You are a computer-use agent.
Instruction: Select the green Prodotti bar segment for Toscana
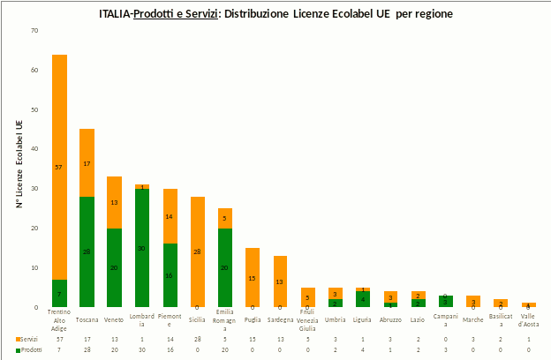[x=87, y=251]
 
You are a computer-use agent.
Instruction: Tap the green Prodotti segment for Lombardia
[x=141, y=248]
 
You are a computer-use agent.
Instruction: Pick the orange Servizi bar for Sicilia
[x=197, y=251]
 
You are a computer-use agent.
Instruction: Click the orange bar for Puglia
[x=253, y=277]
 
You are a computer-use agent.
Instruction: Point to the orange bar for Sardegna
[x=280, y=281]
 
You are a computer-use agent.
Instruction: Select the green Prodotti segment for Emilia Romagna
[x=225, y=267]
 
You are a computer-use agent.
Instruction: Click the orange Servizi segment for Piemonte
[x=170, y=216]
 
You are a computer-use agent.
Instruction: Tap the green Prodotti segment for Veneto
[x=114, y=267]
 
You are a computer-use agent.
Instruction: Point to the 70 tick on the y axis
[x=34, y=31]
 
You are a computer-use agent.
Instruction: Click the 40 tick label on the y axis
[x=34, y=149]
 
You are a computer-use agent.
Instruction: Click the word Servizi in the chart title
[x=201, y=15]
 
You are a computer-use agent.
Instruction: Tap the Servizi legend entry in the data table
[x=29, y=339]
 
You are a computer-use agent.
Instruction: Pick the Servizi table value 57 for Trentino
[x=59, y=339]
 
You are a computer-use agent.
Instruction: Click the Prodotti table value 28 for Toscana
[x=87, y=349]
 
